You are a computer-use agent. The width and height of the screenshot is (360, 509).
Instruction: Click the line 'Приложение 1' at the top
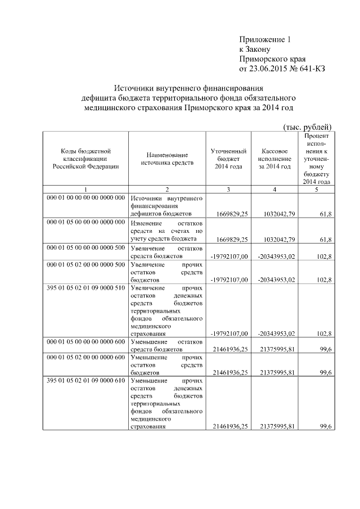coord(265,40)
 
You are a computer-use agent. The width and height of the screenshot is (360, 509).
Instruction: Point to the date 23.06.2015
coord(268,69)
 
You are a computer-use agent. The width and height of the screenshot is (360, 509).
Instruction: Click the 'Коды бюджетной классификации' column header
coord(86,159)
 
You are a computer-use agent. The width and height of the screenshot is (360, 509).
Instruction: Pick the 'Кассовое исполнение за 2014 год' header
coord(275,159)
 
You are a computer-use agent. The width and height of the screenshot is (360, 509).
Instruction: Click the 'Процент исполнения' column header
coord(316,159)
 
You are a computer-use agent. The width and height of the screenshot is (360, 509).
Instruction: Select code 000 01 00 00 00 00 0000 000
coord(86,198)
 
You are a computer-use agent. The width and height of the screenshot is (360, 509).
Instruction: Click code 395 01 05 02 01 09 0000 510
coord(86,287)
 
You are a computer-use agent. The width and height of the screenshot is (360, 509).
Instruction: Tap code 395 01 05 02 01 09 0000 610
coord(86,381)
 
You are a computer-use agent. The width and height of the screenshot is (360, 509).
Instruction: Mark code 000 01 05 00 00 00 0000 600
coord(86,341)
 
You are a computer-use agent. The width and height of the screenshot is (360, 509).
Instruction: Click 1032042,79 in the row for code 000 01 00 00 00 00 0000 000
coord(276,214)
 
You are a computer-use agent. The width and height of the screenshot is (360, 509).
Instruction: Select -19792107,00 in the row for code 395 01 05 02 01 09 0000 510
coord(229,333)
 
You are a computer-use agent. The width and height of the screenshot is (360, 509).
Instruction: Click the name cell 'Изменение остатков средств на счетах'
coord(166,230)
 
